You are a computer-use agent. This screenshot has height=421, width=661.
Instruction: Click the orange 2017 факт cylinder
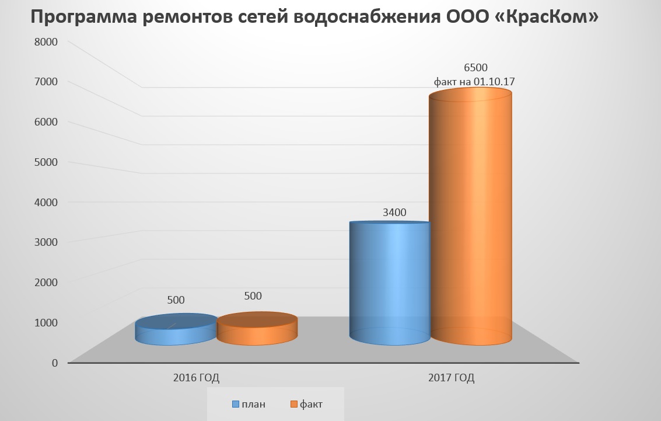(x=470, y=222)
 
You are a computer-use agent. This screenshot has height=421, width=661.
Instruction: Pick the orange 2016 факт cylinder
(x=257, y=329)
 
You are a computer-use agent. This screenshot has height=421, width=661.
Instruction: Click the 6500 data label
(x=475, y=68)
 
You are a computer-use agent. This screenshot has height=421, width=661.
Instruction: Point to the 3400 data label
(x=394, y=213)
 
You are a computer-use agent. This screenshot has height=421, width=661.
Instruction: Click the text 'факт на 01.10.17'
(x=474, y=82)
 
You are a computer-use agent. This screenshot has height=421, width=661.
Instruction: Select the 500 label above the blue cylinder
(x=176, y=300)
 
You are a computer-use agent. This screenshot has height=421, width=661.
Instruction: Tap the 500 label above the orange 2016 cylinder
(x=253, y=296)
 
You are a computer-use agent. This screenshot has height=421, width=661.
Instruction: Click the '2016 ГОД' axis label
(x=196, y=378)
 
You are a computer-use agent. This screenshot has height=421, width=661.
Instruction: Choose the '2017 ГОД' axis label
(x=451, y=378)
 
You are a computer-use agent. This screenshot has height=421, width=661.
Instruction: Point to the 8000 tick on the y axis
(x=46, y=42)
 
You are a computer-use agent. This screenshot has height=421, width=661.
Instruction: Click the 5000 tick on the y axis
(x=46, y=162)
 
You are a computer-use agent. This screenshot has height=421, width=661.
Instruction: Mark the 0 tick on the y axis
(x=54, y=363)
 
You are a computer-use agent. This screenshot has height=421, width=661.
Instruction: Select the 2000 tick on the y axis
(x=46, y=282)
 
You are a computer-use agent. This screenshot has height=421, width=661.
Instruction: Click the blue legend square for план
(x=236, y=404)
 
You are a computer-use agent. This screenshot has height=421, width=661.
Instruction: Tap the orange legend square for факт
(x=294, y=404)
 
